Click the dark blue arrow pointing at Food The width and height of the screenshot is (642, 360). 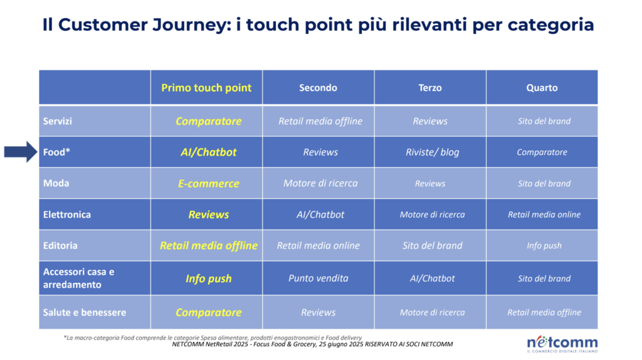click(x=21, y=152)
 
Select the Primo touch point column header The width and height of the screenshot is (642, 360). click(x=206, y=88)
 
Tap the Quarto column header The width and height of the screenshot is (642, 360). click(x=542, y=88)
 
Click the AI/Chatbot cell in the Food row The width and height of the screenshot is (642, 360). click(x=208, y=152)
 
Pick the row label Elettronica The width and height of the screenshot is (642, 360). click(x=67, y=214)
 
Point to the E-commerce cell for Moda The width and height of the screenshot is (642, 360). click(x=208, y=184)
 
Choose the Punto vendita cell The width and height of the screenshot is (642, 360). click(x=318, y=278)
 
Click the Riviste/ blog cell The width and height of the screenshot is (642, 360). click(x=433, y=152)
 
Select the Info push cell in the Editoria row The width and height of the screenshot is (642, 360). click(x=544, y=246)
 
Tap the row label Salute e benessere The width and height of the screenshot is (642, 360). click(x=85, y=312)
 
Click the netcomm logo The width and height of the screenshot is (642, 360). click(x=562, y=344)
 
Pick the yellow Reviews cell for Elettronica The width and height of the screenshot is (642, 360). click(x=208, y=214)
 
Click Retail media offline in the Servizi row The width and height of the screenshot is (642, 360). click(x=320, y=121)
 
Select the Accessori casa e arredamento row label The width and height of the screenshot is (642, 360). click(x=78, y=278)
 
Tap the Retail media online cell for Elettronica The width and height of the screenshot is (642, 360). click(x=544, y=214)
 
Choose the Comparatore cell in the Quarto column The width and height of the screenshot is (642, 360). click(x=542, y=152)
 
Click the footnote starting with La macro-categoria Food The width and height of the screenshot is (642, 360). click(x=213, y=338)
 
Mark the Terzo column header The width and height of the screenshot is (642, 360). click(x=430, y=88)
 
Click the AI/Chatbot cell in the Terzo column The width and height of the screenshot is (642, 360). click(x=433, y=278)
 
